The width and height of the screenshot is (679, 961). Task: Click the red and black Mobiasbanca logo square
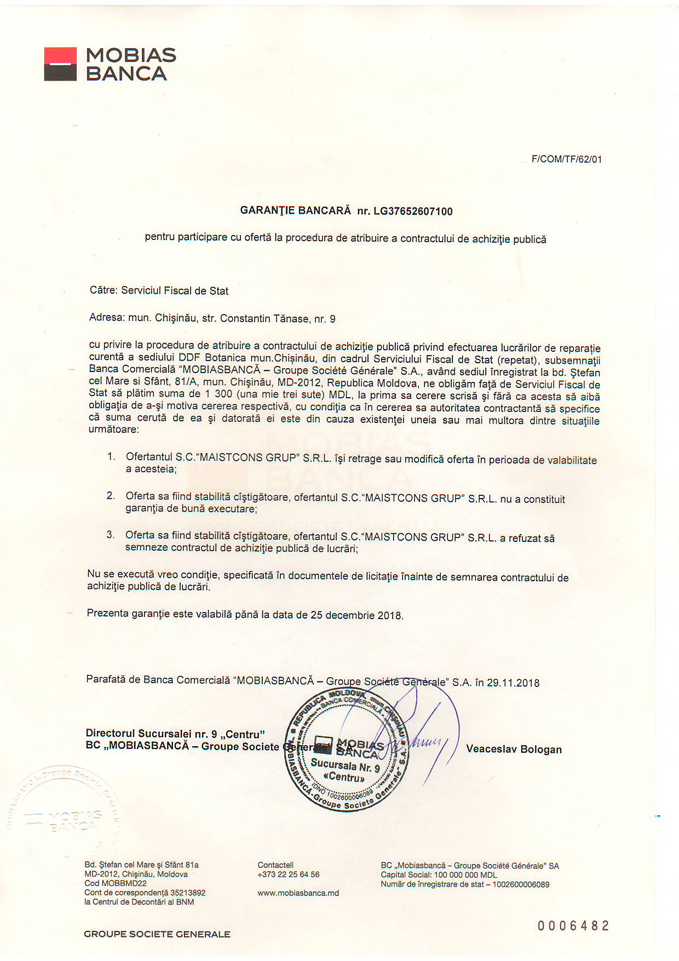[x=60, y=64]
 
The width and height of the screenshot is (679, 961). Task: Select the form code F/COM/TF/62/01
[x=566, y=159]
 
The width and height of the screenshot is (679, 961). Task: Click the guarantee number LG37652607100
[x=413, y=211]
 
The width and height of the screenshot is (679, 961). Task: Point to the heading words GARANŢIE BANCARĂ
[x=295, y=210]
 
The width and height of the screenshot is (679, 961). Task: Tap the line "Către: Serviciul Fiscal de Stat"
[x=159, y=291]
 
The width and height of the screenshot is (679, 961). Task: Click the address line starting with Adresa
[x=212, y=318]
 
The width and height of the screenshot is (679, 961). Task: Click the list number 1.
[x=111, y=456]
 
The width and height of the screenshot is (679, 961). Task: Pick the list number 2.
[x=111, y=496]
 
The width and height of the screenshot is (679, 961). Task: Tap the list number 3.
[x=111, y=535]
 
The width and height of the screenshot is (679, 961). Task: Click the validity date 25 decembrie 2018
[x=356, y=615]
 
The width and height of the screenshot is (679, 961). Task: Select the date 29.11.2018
[x=513, y=683]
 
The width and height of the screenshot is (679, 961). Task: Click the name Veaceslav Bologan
[x=514, y=750]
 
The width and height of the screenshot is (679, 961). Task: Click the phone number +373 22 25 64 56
[x=288, y=874]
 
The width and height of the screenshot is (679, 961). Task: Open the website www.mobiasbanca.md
[x=298, y=893]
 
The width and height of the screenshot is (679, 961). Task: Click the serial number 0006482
[x=573, y=926]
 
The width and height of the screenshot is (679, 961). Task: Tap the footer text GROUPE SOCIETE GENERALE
[x=157, y=934]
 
